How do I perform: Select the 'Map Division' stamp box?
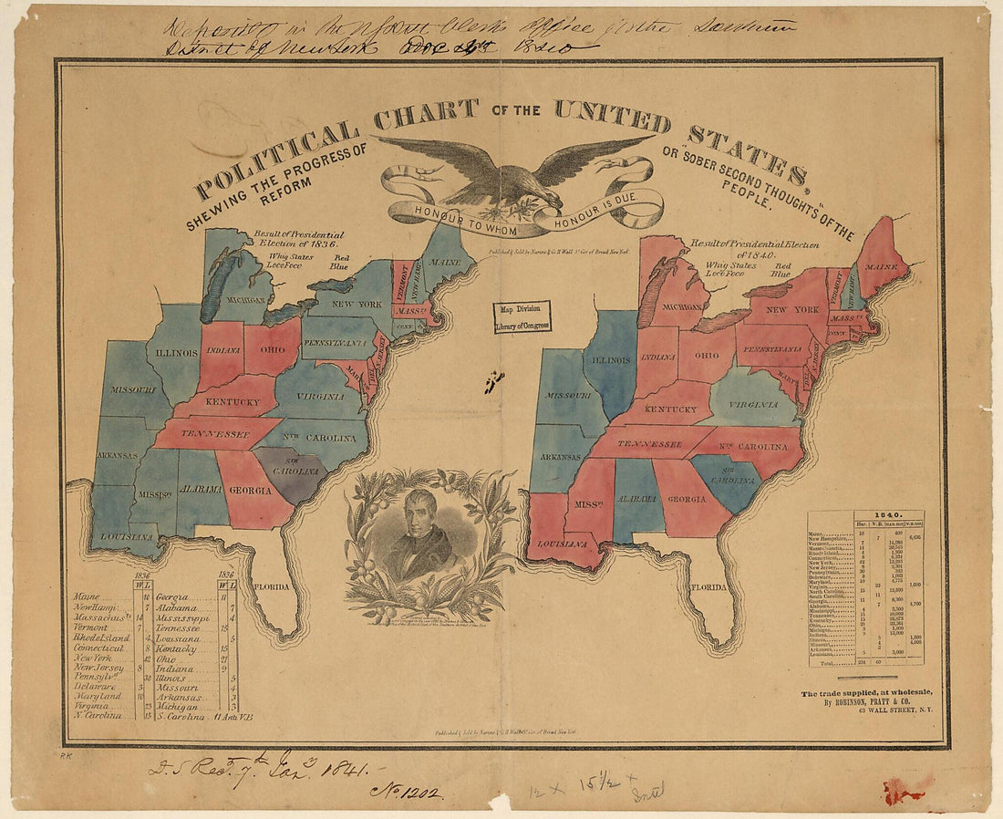click(522, 316)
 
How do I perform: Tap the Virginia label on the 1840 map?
click(752, 403)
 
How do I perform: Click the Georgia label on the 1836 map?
click(250, 490)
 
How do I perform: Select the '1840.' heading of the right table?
click(865, 515)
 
